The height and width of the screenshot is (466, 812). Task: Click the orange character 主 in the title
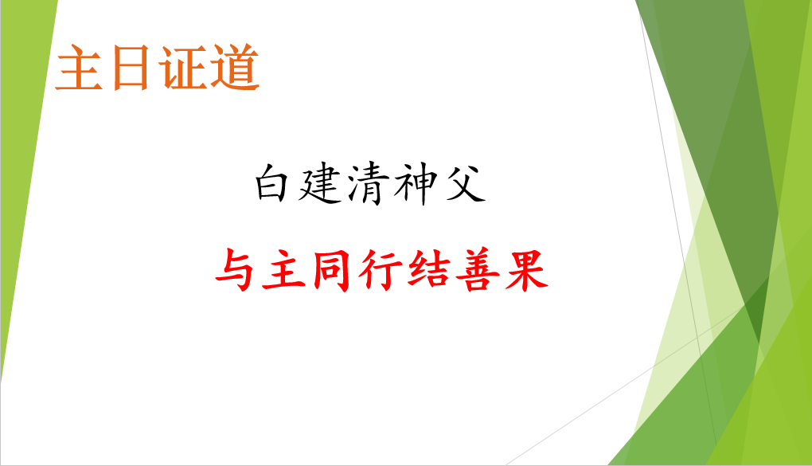point(80,68)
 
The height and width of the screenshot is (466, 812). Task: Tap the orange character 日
point(131,69)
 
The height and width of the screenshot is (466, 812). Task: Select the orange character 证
point(182,68)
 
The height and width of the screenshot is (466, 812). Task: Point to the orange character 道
point(234,68)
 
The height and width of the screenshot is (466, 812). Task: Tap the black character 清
point(369,183)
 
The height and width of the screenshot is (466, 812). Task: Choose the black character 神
point(415,184)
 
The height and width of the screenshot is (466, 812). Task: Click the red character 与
point(236,270)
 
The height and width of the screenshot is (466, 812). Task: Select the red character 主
point(283,270)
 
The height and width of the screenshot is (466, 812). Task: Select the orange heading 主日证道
point(158,68)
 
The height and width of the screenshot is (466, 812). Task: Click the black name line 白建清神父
point(370,183)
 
